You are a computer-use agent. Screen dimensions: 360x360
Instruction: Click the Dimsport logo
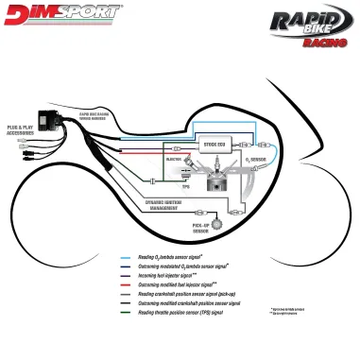point(61,14)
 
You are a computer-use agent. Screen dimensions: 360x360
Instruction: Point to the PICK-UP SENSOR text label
point(201,229)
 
